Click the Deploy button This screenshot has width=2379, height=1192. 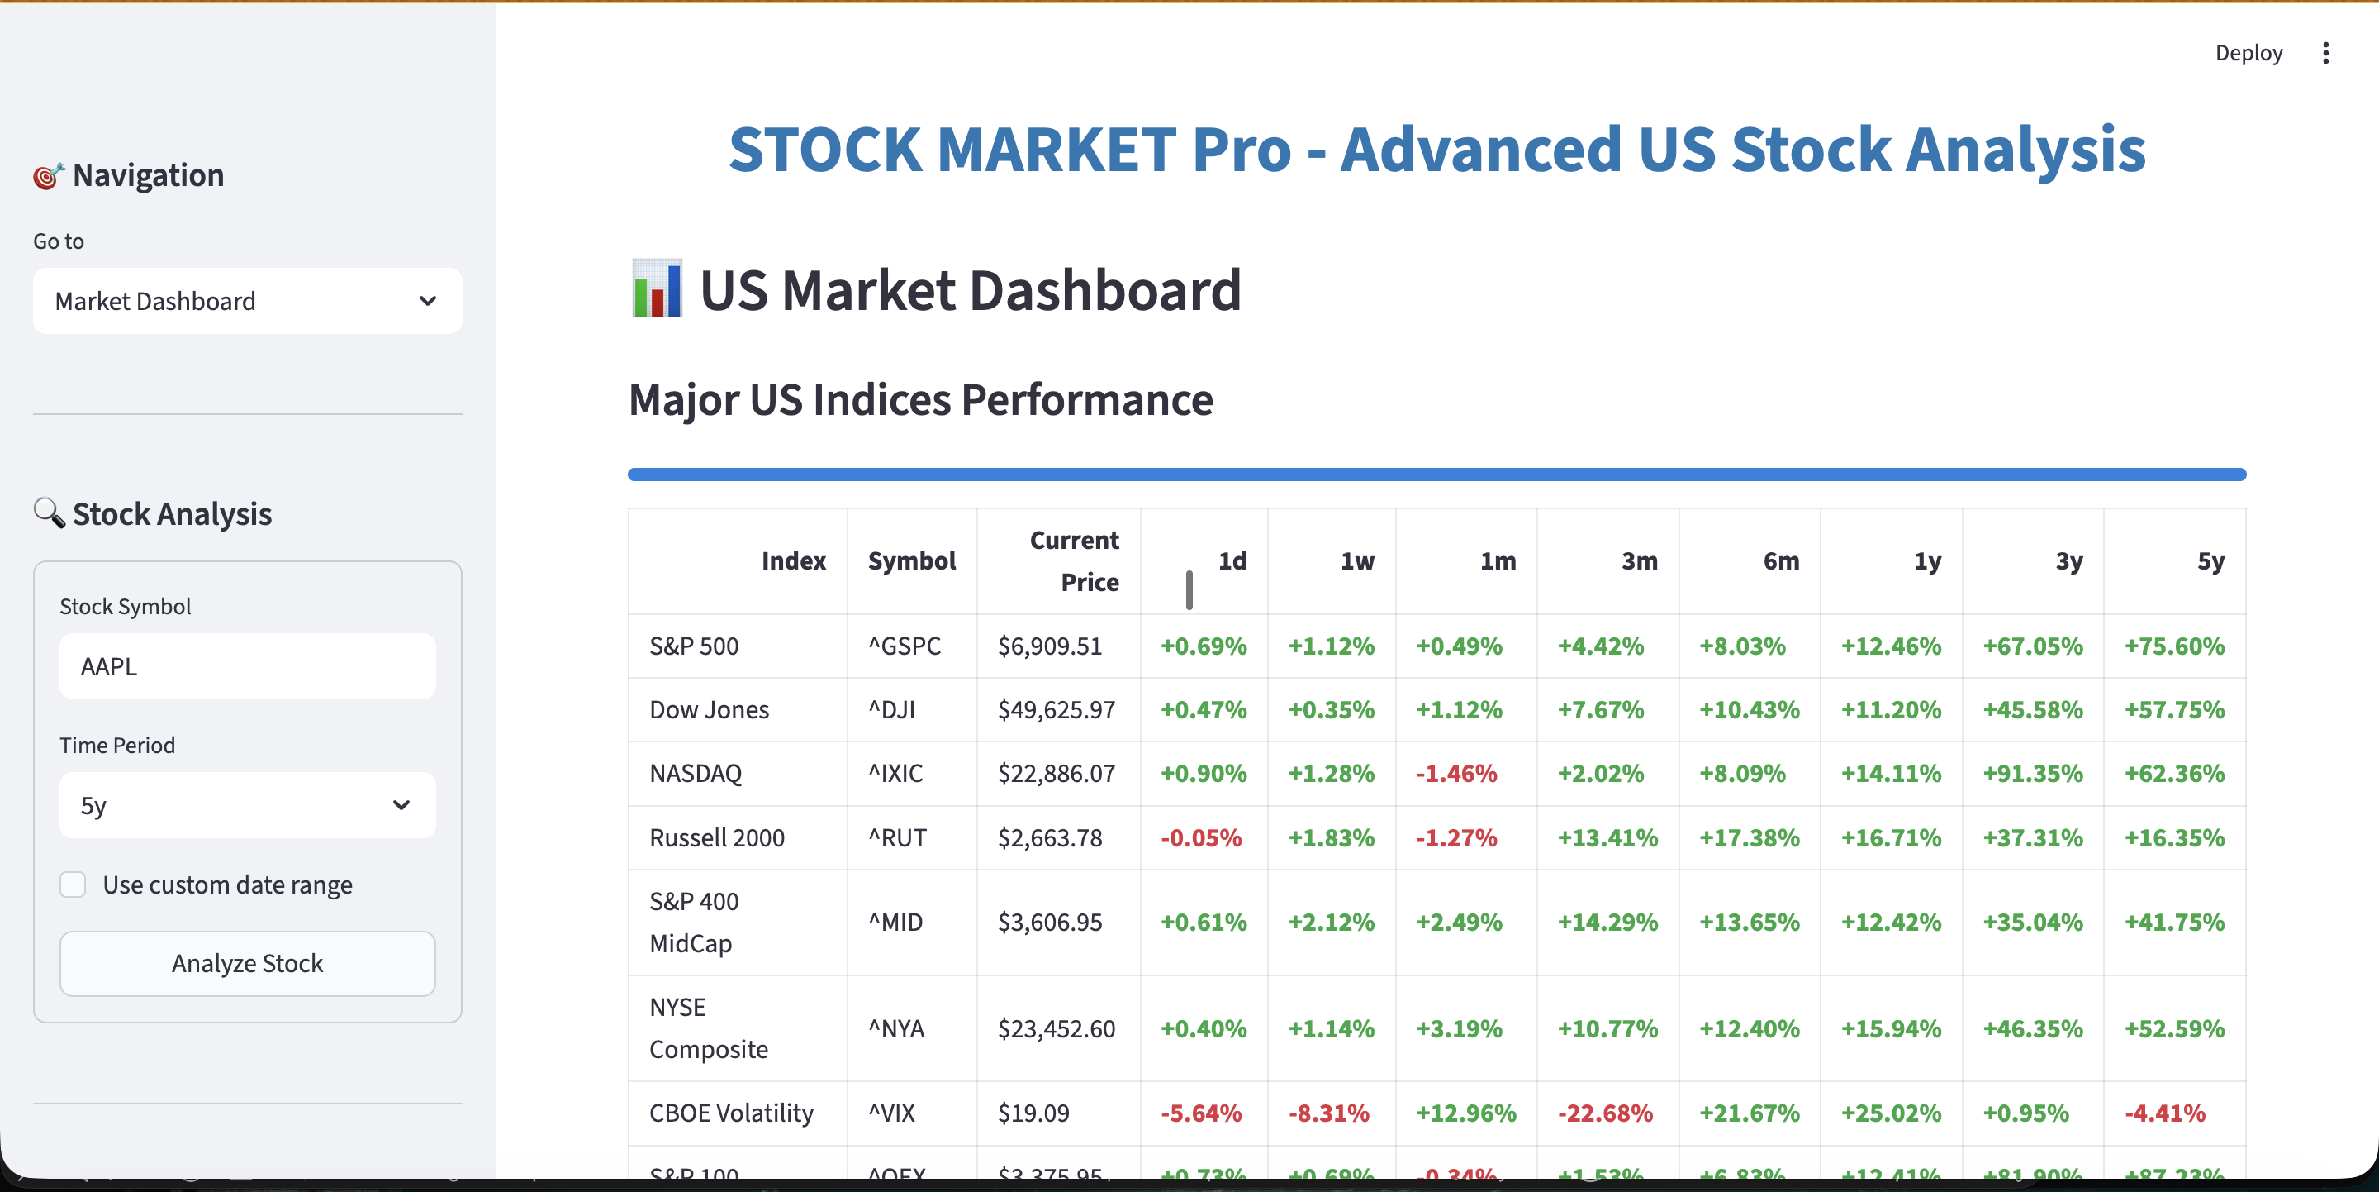pos(2248,53)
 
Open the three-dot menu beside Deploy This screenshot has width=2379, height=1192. pos(2325,53)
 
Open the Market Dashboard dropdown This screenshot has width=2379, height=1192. pos(247,301)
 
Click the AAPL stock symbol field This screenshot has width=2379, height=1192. pos(247,666)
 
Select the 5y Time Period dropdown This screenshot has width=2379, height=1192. pos(247,805)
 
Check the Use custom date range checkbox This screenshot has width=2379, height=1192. pos(73,884)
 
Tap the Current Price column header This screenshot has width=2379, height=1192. pos(1074,561)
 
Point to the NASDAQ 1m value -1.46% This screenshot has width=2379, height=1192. pos(1456,774)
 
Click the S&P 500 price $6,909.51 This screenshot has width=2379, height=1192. pos(1050,646)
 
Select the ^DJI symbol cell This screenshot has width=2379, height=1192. pos(892,709)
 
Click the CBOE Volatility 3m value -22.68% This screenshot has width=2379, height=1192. pos(1605,1113)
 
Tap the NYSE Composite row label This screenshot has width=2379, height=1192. pos(709,1028)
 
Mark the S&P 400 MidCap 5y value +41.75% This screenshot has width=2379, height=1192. pos(2174,923)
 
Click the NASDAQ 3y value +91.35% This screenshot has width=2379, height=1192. pos(2033,774)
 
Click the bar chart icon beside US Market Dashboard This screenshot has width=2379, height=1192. pos(657,289)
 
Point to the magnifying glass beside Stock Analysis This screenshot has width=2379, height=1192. pos(49,513)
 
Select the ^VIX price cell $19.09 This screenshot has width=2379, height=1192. pos(1033,1113)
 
